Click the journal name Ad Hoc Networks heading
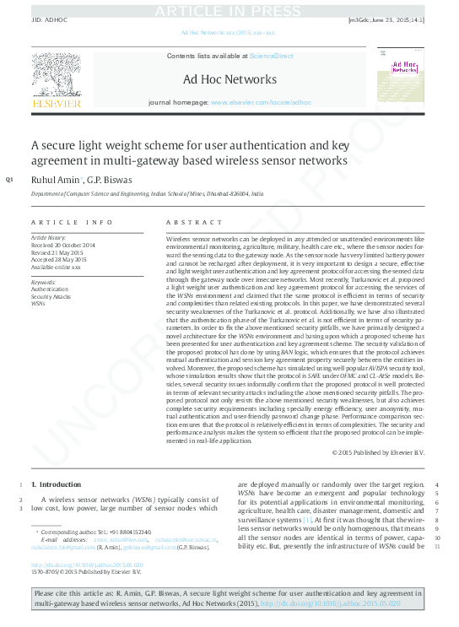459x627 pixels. click(229, 80)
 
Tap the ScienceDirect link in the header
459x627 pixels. click(271, 56)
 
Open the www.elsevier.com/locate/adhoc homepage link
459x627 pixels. click(261, 102)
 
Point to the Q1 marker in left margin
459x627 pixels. click(9, 180)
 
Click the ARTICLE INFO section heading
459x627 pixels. click(72, 222)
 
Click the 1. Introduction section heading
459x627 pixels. click(57, 485)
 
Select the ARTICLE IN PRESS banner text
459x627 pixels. click(229, 9)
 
